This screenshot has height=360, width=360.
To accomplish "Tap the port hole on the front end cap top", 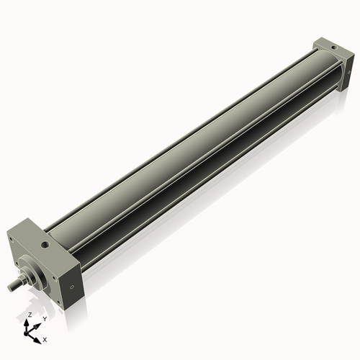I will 46,245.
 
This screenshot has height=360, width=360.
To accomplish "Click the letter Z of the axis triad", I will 30,315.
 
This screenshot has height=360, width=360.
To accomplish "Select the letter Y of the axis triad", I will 44,318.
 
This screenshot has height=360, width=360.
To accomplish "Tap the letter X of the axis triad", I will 45,338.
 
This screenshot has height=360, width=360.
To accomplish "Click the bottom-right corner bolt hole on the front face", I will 52,294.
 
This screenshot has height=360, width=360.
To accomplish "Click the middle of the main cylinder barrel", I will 187,158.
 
